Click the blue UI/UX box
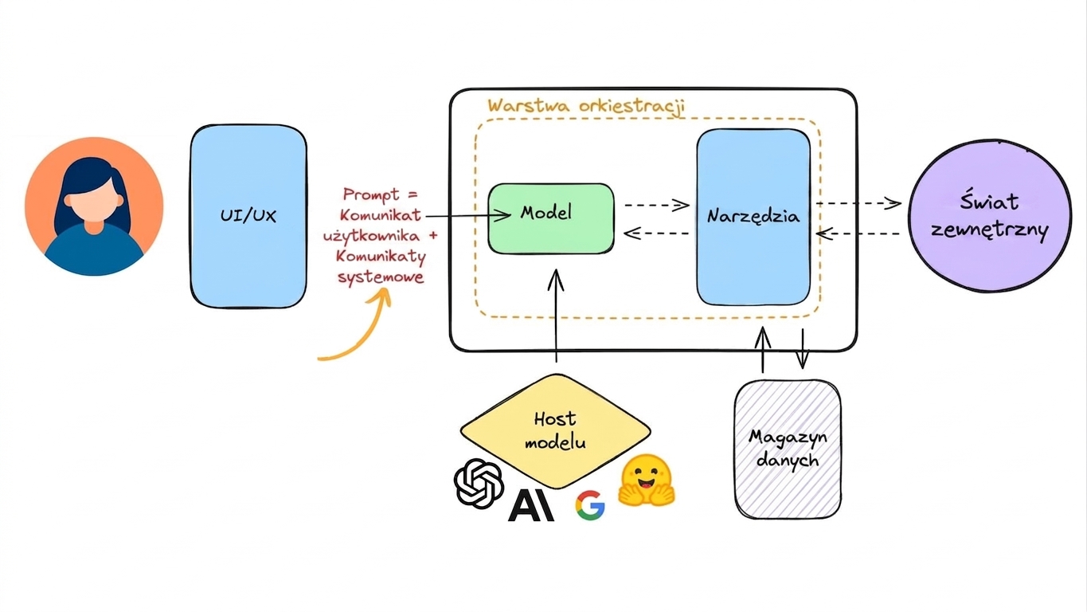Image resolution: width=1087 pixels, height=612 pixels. click(x=248, y=217)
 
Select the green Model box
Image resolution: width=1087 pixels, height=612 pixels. click(x=551, y=218)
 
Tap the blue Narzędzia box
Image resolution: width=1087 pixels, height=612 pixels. click(x=753, y=217)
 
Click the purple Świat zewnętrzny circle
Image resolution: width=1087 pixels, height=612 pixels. click(x=990, y=216)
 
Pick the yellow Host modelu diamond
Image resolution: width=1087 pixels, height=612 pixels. click(x=556, y=431)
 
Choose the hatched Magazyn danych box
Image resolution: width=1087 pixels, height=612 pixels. click(x=788, y=449)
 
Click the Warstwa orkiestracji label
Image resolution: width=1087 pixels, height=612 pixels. click(x=586, y=106)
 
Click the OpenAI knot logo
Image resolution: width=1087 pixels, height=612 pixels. click(x=479, y=483)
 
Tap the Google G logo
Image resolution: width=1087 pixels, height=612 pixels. click(x=590, y=505)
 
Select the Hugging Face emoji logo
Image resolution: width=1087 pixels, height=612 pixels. click(x=647, y=480)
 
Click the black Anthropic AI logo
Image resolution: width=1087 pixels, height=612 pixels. click(x=531, y=505)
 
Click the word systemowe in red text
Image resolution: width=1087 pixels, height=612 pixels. click(x=381, y=277)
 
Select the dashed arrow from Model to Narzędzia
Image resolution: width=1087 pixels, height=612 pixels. click(x=657, y=205)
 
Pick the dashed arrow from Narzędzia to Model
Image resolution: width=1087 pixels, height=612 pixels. click(x=656, y=233)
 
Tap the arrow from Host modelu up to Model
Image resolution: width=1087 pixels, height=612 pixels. click(x=556, y=316)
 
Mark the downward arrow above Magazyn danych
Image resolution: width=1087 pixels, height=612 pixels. click(x=803, y=348)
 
